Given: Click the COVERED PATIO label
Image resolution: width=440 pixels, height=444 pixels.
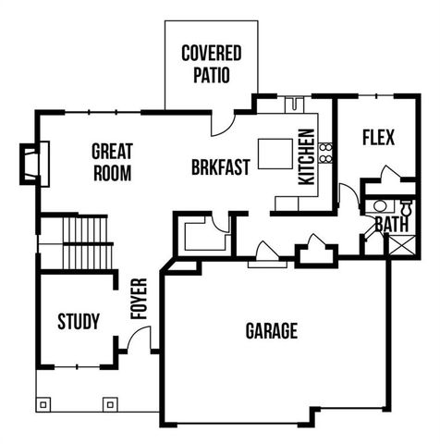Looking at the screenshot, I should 211,63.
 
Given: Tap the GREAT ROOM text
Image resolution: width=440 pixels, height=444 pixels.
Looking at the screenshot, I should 112,161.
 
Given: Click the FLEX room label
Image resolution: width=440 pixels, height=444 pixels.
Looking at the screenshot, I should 378,138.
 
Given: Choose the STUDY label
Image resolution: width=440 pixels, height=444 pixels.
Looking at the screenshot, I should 79,322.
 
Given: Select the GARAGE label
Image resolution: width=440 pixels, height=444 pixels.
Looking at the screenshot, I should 271,331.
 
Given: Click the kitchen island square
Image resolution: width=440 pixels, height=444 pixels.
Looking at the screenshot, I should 275,154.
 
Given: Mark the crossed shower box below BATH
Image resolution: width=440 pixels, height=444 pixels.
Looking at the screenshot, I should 403,245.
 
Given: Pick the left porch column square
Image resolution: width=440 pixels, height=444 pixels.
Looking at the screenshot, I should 44,404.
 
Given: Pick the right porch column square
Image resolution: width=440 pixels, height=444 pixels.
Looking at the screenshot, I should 111,404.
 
